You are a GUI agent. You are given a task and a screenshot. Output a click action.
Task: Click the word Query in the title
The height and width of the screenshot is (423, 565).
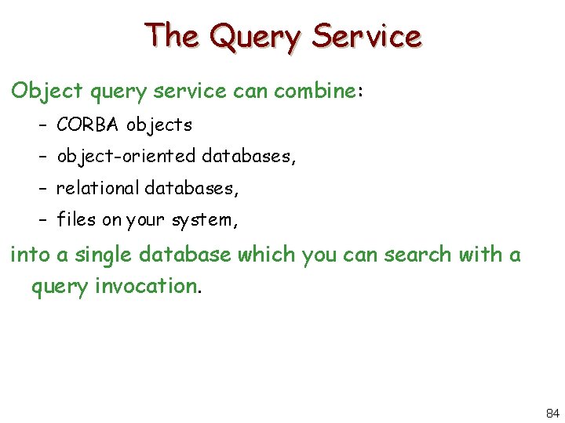click(x=256, y=36)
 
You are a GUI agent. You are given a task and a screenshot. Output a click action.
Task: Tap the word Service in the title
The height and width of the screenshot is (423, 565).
click(x=366, y=36)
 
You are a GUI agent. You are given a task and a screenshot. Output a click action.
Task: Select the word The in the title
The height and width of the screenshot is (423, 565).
click(x=172, y=36)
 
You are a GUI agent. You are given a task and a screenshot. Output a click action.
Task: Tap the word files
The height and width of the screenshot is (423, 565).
click(x=76, y=219)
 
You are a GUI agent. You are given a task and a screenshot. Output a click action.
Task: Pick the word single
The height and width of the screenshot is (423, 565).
click(x=105, y=255)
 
